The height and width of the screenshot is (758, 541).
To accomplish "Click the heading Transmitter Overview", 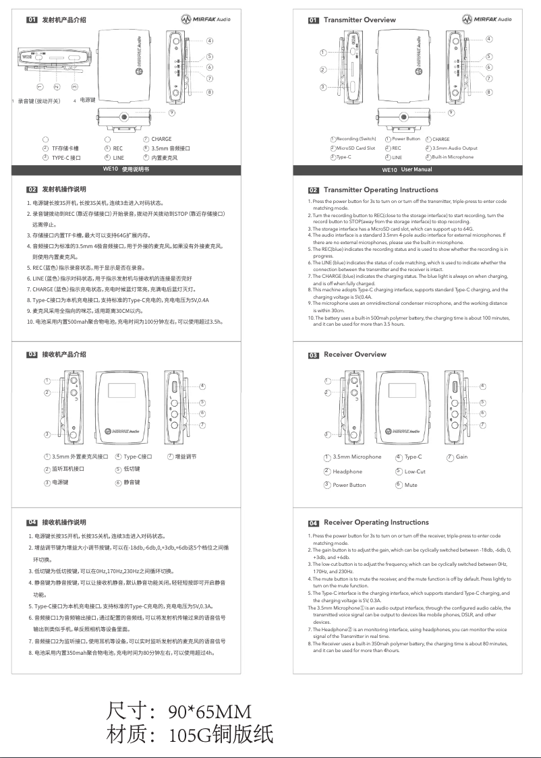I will [360, 20].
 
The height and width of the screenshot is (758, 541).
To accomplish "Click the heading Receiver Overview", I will [355, 355].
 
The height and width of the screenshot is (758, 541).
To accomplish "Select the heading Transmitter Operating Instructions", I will [380, 190].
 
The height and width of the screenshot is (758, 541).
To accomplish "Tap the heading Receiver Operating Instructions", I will [376, 523].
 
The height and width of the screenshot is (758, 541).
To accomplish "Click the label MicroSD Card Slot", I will [355, 148].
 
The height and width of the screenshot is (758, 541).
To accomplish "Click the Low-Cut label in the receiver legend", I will [415, 472].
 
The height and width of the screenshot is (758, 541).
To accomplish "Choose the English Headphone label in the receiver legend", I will [347, 472].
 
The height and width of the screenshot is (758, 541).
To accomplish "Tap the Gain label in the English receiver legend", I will [461, 457].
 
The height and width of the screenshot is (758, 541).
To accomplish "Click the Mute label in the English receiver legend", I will [411, 485].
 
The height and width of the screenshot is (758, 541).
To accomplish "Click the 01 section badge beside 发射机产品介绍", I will [32, 20].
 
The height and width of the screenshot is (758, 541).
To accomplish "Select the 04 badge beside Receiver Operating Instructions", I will [314, 523].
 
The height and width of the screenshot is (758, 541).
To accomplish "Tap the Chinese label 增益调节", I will [186, 457].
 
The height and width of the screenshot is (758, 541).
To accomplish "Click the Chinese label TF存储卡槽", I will [65, 148].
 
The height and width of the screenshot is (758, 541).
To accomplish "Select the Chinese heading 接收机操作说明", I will [64, 523].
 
